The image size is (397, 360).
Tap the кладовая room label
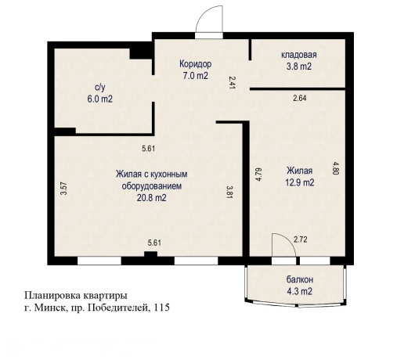[298, 55]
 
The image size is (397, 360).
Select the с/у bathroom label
[99, 88]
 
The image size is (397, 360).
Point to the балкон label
[298, 280]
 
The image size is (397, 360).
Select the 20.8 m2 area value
[152, 199]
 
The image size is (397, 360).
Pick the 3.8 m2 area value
[298, 67]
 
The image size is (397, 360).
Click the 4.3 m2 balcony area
[298, 292]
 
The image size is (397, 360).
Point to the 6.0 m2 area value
[99, 99]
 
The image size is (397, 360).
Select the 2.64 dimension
[299, 99]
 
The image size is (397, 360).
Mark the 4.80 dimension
[336, 167]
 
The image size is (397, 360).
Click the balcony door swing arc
[282, 244]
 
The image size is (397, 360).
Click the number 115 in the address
[161, 308]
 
